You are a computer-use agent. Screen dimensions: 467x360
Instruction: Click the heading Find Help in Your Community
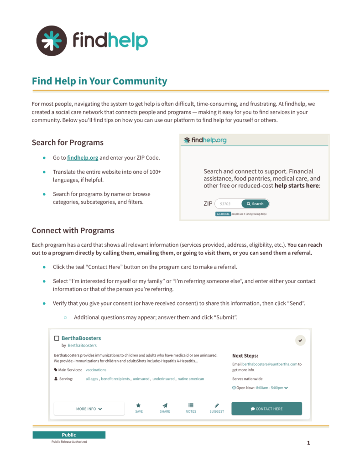[x=99, y=81]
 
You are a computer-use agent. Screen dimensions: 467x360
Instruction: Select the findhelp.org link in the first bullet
[x=83, y=158]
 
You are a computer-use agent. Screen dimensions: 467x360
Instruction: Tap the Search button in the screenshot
[x=255, y=204]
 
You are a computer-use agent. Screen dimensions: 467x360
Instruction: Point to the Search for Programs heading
[x=68, y=142]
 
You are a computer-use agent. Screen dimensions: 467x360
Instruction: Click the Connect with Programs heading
[x=73, y=230]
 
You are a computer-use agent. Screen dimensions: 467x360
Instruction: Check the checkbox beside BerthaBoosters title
[x=57, y=338]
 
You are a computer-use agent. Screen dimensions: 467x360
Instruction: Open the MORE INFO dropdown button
[x=89, y=409]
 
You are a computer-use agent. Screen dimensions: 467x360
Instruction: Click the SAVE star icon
[x=139, y=405]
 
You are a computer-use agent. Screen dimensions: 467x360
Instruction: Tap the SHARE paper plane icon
[x=165, y=405]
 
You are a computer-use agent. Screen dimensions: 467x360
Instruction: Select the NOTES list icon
[x=191, y=405]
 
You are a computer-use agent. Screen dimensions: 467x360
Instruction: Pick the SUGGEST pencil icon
[x=217, y=405]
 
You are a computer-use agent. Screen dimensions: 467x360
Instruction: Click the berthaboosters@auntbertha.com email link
[x=270, y=364]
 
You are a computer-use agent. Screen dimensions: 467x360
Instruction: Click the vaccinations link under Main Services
[x=96, y=370]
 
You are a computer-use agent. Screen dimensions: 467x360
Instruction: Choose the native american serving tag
[x=191, y=379]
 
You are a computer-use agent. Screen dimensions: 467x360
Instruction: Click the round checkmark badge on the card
[x=300, y=340]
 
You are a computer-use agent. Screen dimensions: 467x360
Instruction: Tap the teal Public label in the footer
[x=69, y=435]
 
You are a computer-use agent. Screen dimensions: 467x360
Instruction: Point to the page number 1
[x=308, y=442]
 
